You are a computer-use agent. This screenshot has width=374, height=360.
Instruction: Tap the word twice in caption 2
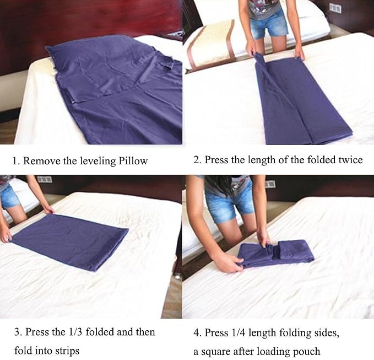(351, 160)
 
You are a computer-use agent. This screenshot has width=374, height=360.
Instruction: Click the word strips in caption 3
(67, 351)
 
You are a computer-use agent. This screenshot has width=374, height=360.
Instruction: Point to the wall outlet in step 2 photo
(335, 8)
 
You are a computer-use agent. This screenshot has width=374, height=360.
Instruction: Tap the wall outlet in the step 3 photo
(45, 179)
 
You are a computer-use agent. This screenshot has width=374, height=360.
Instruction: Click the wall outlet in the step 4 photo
(270, 184)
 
